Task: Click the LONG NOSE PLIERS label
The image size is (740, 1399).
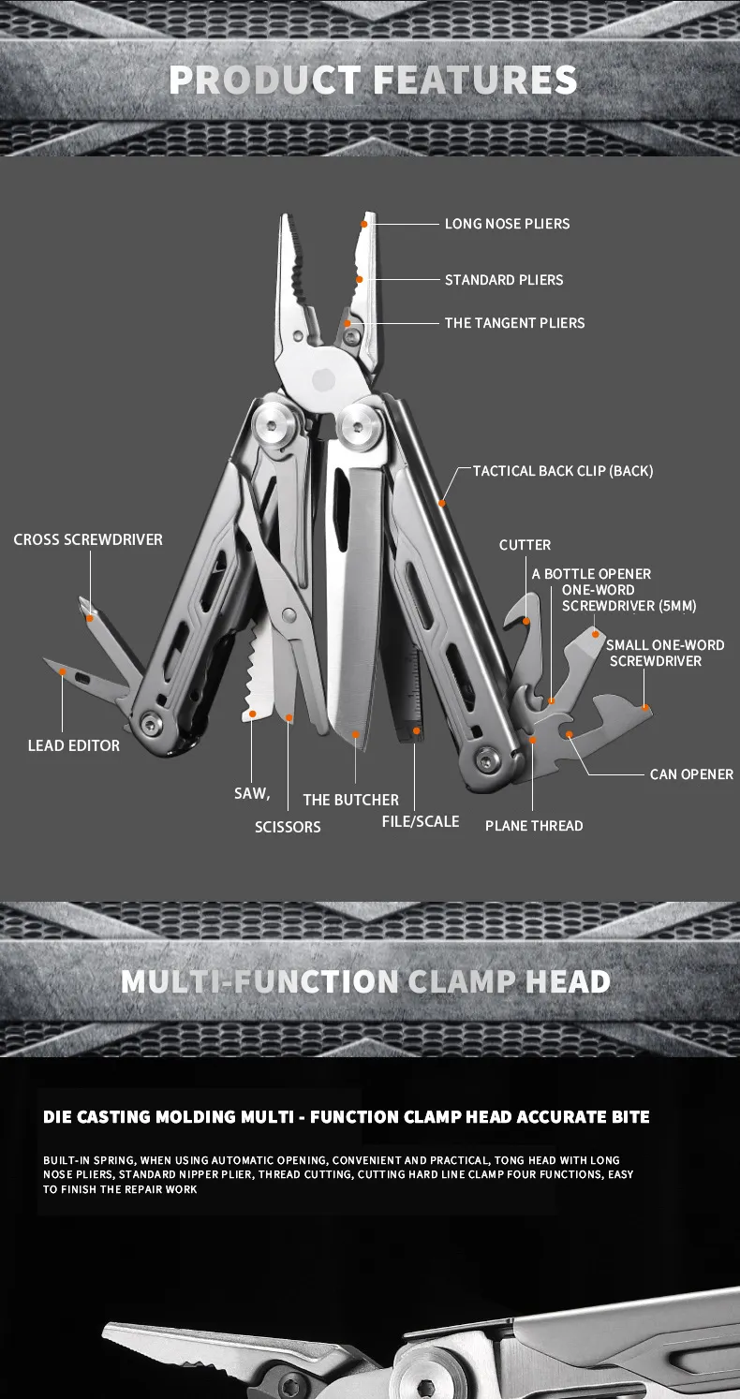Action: coord(507,224)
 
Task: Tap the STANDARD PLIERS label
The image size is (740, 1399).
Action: coord(504,280)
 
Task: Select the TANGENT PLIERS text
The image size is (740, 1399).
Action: coord(514,323)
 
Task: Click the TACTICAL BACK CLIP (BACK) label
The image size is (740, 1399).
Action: coord(562,471)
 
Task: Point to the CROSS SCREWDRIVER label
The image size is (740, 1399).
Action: coord(88,540)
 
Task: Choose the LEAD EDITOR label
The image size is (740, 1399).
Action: coord(74,746)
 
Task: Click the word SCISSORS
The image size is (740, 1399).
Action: coord(288,827)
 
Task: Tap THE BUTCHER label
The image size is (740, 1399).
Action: coord(350,800)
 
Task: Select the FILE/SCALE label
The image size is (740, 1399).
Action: coord(421,821)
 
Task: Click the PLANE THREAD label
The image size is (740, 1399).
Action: coord(534,826)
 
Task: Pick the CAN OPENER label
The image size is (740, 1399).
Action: coord(691,774)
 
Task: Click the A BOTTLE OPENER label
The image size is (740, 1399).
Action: coord(591,574)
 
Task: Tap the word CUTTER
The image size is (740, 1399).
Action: coord(525,545)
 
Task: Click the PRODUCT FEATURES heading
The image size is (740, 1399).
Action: coord(373,81)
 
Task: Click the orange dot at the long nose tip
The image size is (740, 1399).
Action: coord(364,224)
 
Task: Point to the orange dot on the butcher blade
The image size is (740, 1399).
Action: coord(356,734)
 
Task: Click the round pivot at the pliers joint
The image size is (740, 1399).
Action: coord(322,379)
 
